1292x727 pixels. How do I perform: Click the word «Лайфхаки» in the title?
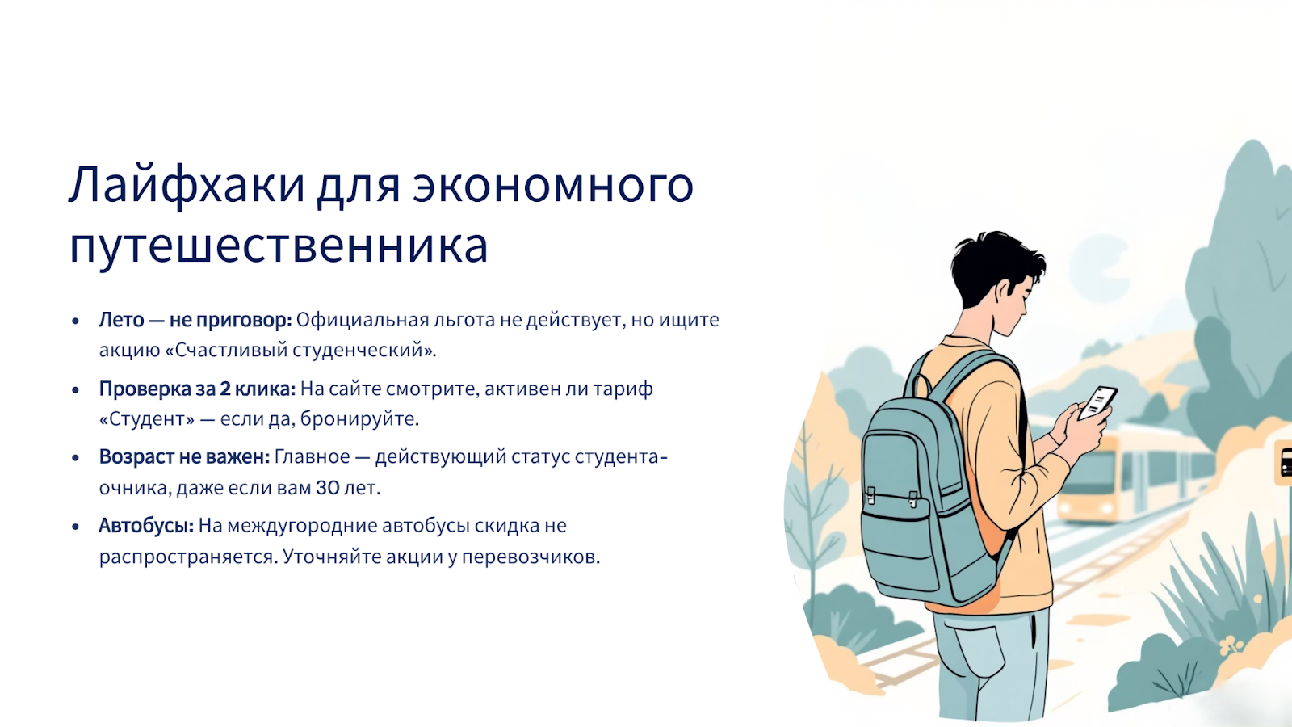tap(187, 185)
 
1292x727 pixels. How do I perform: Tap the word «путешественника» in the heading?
tap(279, 246)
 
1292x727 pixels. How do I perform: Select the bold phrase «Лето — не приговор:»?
tap(195, 320)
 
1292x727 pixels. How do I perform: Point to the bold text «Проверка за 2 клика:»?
tap(197, 389)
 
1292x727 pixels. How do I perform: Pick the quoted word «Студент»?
tap(147, 419)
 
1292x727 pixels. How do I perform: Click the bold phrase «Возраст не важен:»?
tap(185, 457)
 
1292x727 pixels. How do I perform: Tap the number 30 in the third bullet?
tap(328, 488)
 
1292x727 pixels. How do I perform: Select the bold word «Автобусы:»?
tap(146, 526)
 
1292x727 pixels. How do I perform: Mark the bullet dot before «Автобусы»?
tap(75, 526)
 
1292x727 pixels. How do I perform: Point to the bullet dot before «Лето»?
tap(75, 321)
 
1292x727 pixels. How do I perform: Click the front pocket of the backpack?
tap(897, 540)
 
